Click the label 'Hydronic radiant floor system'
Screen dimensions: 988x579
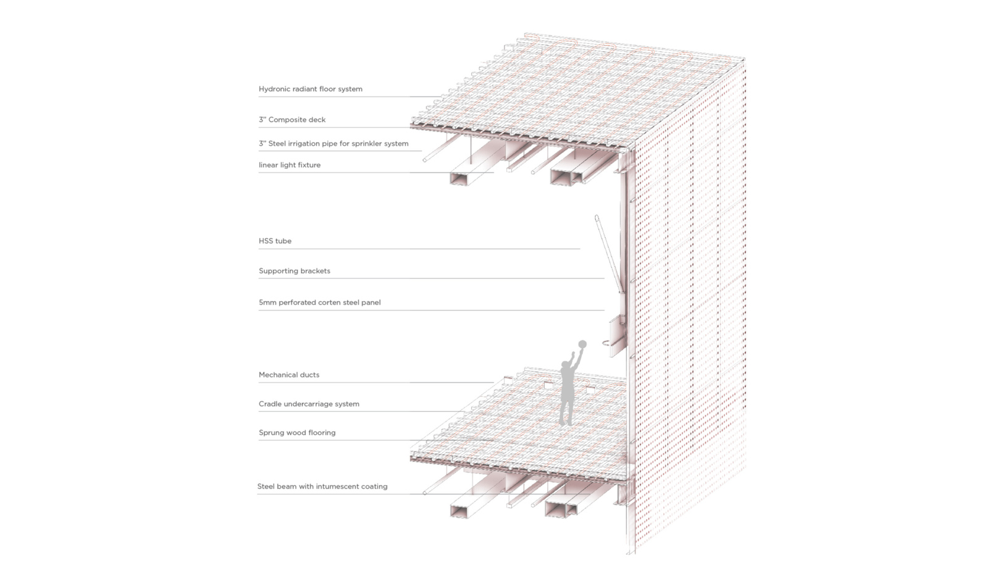click(311, 89)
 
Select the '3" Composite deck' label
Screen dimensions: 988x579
click(292, 120)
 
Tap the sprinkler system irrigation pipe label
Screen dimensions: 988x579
click(333, 143)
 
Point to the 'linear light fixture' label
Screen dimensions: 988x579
click(290, 165)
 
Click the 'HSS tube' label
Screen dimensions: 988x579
click(275, 241)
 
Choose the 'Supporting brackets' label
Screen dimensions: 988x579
click(294, 271)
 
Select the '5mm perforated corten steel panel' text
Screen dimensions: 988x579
click(319, 302)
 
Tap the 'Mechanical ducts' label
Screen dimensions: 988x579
click(289, 375)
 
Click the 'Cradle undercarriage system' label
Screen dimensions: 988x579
click(309, 404)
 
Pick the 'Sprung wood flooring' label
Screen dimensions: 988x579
click(297, 433)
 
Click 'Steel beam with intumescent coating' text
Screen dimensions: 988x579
click(322, 486)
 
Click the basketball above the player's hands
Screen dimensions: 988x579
click(582, 344)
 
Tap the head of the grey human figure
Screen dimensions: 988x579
click(565, 365)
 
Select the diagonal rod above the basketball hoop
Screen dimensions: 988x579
click(609, 254)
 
